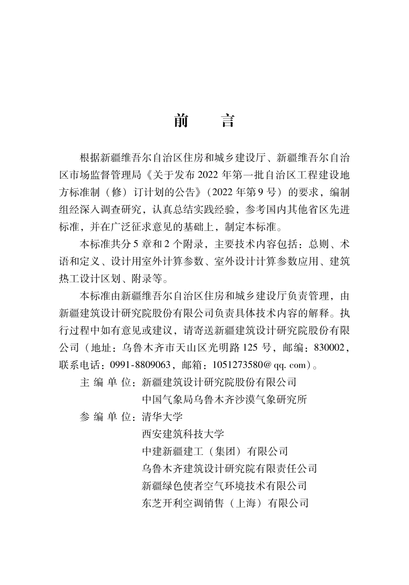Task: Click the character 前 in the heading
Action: coord(181,120)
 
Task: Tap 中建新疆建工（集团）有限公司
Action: coord(215,451)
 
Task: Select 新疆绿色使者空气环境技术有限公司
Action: coord(224,485)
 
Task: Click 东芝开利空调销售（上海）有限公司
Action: coord(225,502)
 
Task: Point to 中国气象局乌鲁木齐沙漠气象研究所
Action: coord(224,399)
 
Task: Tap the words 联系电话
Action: coord(80,365)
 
